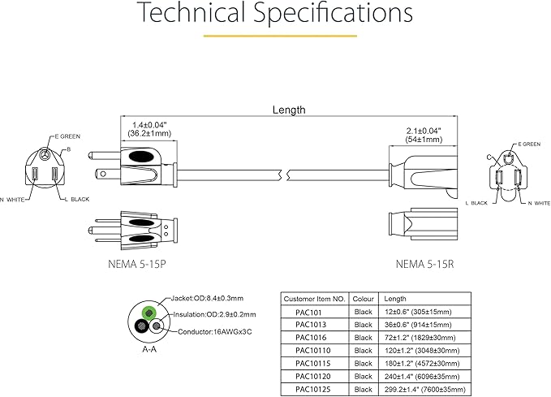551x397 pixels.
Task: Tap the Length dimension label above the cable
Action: click(x=290, y=109)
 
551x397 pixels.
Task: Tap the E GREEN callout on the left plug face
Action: click(x=71, y=136)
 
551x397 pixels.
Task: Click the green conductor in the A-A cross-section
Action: click(x=149, y=312)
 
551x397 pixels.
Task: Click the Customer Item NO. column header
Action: click(x=315, y=299)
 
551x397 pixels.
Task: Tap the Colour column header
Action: click(x=364, y=299)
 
